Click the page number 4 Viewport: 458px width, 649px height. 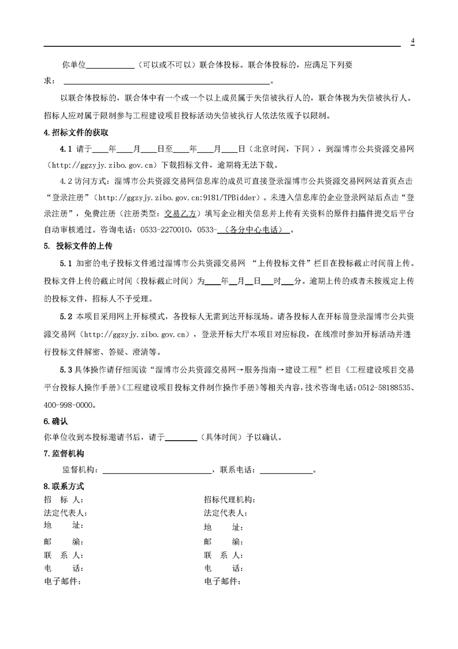tap(413, 41)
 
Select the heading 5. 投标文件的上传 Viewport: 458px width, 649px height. tap(78, 246)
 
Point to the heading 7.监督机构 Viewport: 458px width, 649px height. tap(64, 453)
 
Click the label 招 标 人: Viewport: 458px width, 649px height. tap(64, 500)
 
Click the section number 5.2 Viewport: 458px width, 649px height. tap(65, 317)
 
